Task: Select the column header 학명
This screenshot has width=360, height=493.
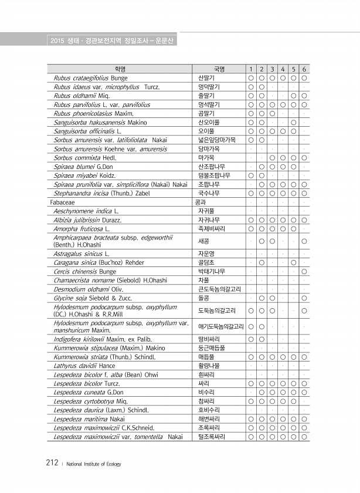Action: tap(120, 69)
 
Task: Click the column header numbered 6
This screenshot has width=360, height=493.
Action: tap(305, 69)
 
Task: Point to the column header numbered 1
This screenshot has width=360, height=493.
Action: tap(250, 69)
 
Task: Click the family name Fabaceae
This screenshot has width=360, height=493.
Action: tap(63, 201)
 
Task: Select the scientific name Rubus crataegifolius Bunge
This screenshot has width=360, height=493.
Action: tap(90, 77)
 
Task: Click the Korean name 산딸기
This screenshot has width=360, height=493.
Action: tap(206, 77)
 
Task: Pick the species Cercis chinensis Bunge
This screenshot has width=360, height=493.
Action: tap(84, 272)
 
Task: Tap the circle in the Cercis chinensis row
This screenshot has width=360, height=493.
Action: tap(305, 272)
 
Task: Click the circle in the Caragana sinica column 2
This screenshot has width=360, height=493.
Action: tap(261, 263)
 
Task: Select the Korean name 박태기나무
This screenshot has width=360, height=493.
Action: tap(212, 272)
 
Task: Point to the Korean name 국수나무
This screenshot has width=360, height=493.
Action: tap(209, 193)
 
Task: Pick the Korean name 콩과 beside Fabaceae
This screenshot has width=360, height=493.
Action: tap(201, 201)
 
